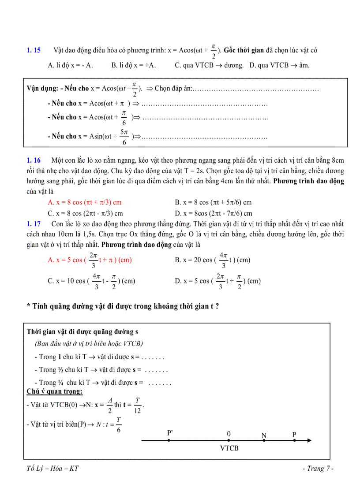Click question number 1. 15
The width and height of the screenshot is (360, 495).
34,51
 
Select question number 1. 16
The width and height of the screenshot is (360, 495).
34,160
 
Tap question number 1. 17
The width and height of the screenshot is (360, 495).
34,224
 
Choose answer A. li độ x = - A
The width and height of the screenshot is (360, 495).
71,65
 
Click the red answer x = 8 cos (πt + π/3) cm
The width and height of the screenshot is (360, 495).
84,202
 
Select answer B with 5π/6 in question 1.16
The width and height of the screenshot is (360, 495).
213,202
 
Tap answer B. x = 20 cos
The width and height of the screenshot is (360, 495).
212,260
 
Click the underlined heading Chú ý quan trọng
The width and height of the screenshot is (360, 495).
55,391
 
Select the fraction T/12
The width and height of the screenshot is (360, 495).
138,404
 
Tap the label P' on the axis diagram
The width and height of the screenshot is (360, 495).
170,433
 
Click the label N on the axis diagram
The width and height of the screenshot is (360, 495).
264,435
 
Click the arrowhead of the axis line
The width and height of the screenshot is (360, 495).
310,440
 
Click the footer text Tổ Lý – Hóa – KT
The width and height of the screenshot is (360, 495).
52,469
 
